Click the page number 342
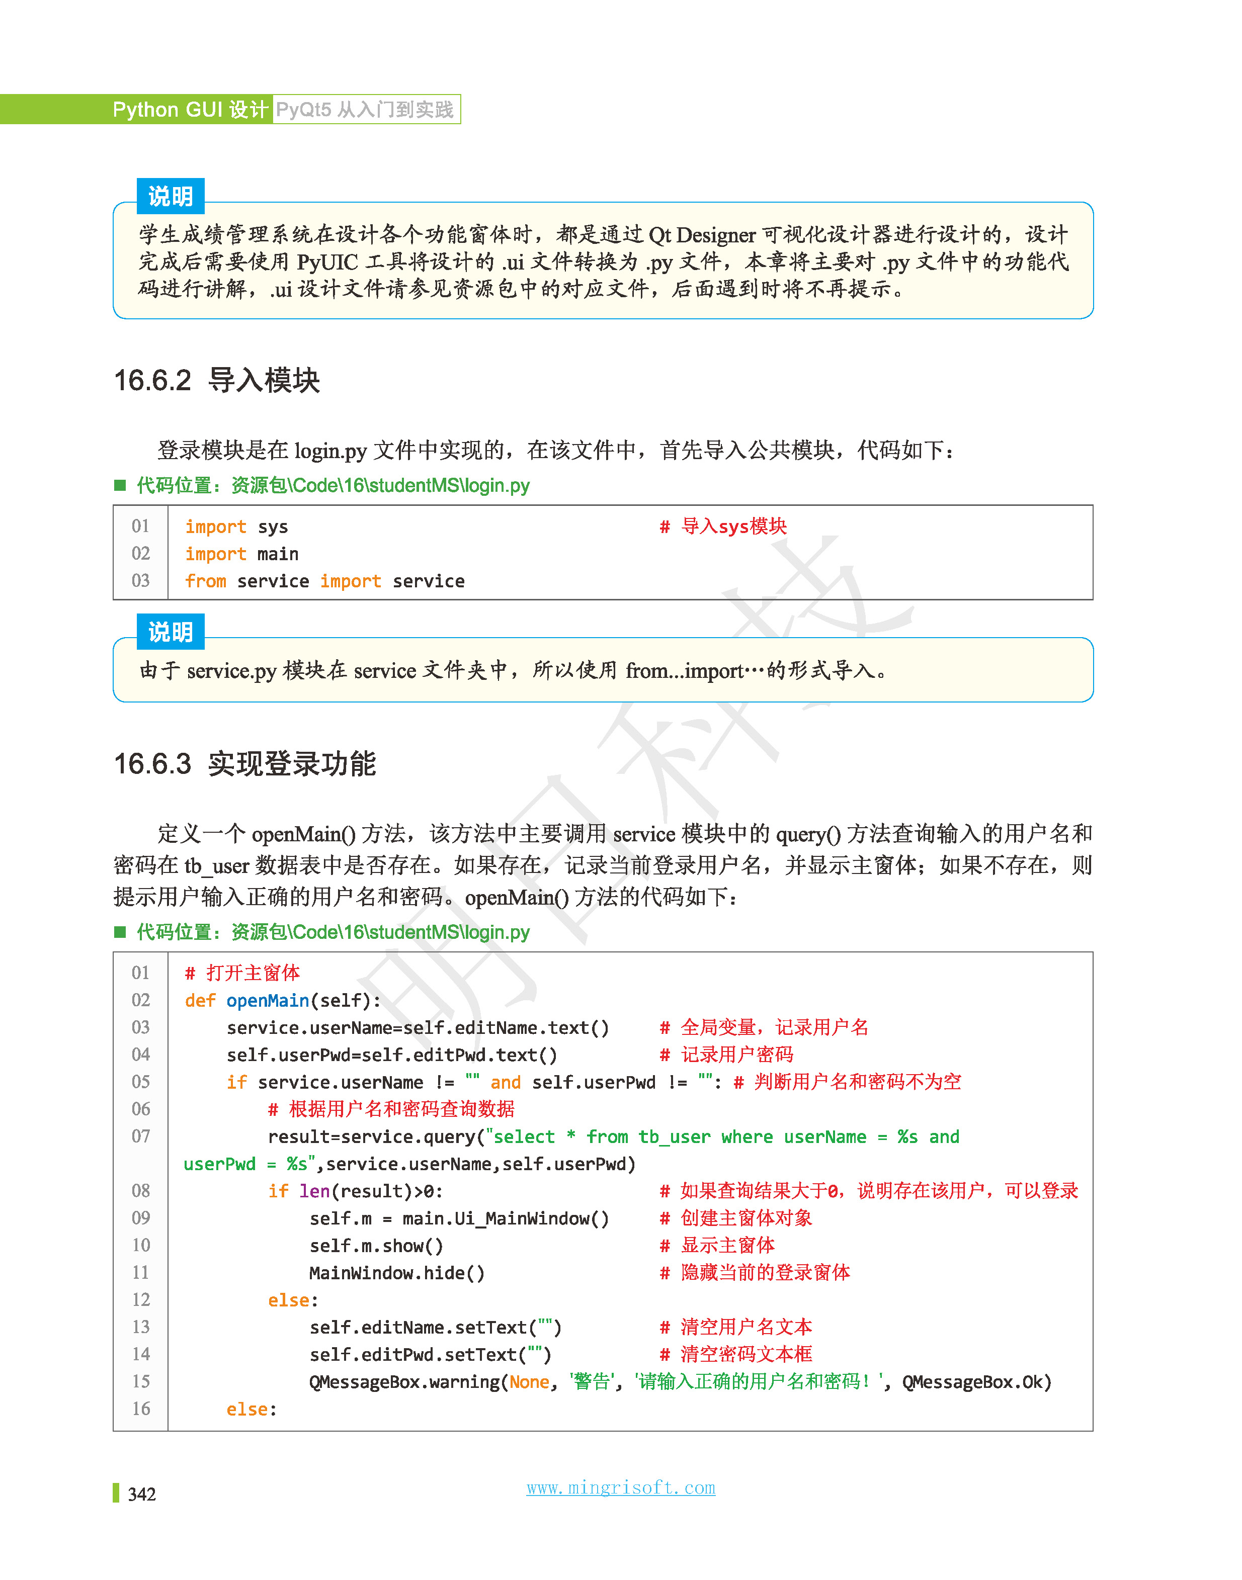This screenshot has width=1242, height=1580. (142, 1494)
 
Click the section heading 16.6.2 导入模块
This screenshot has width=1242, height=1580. (217, 380)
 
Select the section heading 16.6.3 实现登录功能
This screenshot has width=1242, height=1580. (244, 764)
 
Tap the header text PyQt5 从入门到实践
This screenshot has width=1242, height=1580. (365, 110)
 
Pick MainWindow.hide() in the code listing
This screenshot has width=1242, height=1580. (396, 1273)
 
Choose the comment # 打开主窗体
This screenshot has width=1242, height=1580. (242, 973)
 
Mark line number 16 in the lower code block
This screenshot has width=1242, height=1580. (141, 1409)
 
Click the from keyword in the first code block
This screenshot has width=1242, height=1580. (206, 581)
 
